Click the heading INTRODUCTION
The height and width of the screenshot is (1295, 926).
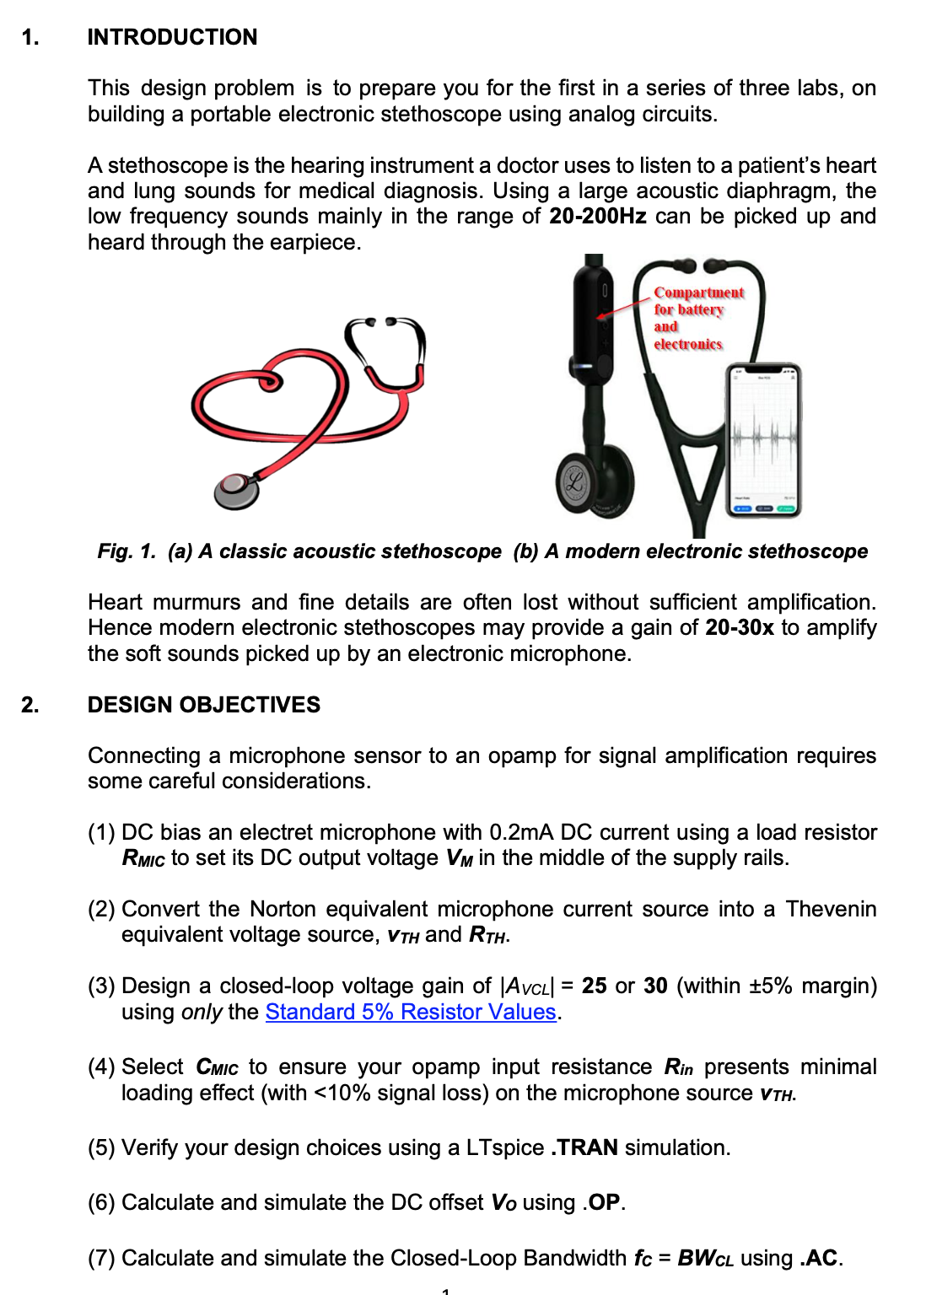pos(172,37)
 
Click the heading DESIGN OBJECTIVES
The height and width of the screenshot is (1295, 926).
pos(203,705)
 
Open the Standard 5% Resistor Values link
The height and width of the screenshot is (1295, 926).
pos(411,1012)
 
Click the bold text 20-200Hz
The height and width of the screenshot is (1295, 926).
pos(597,217)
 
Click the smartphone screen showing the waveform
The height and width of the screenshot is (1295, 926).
pos(763,438)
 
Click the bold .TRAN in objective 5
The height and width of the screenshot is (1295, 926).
pos(584,1147)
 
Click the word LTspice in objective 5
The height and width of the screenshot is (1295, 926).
pos(504,1147)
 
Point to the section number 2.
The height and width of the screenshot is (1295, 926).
pos(30,705)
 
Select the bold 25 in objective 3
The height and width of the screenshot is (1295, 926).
pos(594,986)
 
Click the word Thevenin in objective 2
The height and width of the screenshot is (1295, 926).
pos(831,909)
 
